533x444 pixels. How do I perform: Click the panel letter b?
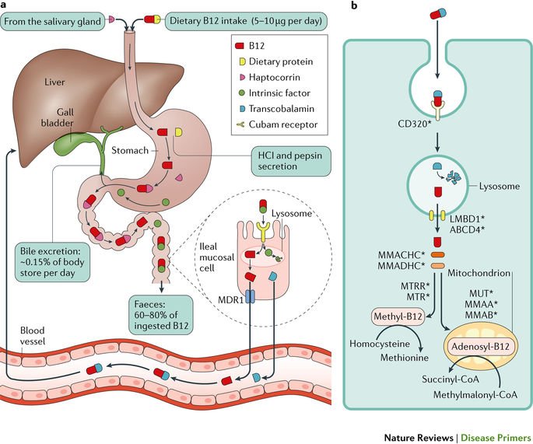[355, 6]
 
